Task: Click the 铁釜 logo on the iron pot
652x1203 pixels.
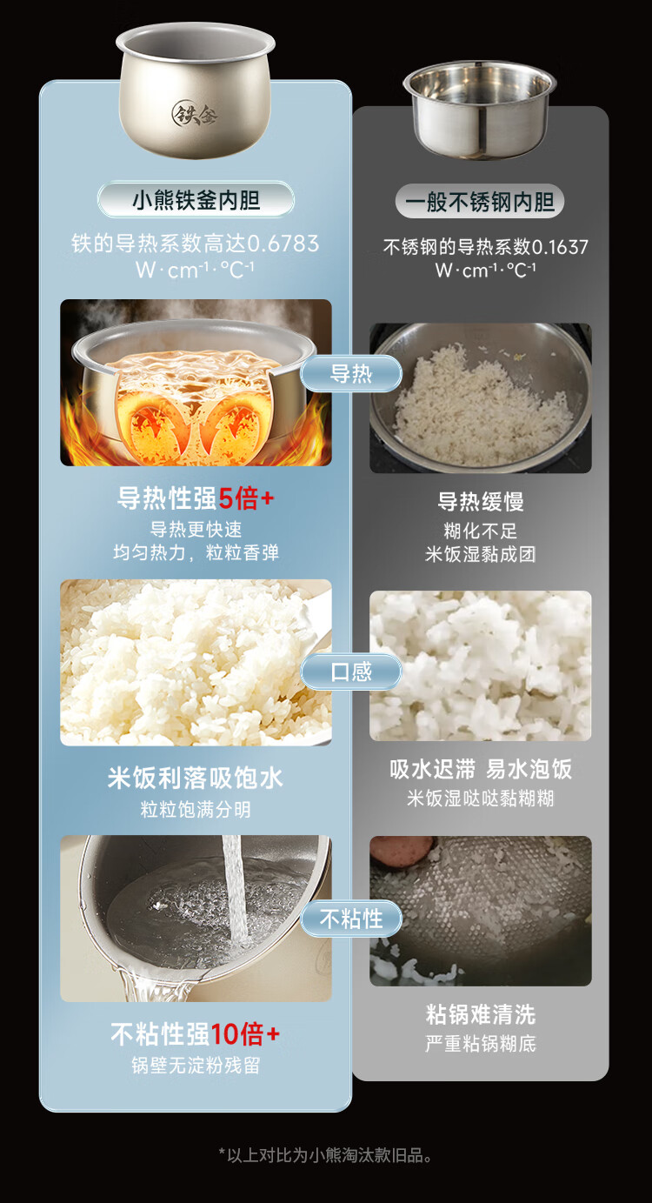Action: (194, 113)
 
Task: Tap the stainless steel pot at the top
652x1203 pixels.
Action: (479, 110)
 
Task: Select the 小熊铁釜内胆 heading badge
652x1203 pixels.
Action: (196, 200)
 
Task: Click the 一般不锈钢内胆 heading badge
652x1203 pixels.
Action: (479, 202)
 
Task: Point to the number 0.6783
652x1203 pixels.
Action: (283, 244)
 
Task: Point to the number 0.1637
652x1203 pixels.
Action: (559, 247)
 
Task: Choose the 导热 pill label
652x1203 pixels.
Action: (351, 374)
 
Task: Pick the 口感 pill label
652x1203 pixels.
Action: (351, 672)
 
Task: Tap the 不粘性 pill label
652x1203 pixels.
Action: (351, 919)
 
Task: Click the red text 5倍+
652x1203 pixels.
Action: (247, 498)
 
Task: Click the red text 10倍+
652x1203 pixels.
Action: (244, 1034)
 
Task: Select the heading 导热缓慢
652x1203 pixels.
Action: (480, 502)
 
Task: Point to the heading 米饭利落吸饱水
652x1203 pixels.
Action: (196, 778)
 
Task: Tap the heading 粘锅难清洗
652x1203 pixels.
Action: (480, 1014)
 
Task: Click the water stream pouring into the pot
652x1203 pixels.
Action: (235, 889)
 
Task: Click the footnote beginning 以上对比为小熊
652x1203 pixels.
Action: (325, 1155)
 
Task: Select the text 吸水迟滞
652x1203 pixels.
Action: (433, 769)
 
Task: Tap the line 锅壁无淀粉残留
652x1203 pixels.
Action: (196, 1066)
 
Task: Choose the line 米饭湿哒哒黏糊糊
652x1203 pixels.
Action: (480, 799)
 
